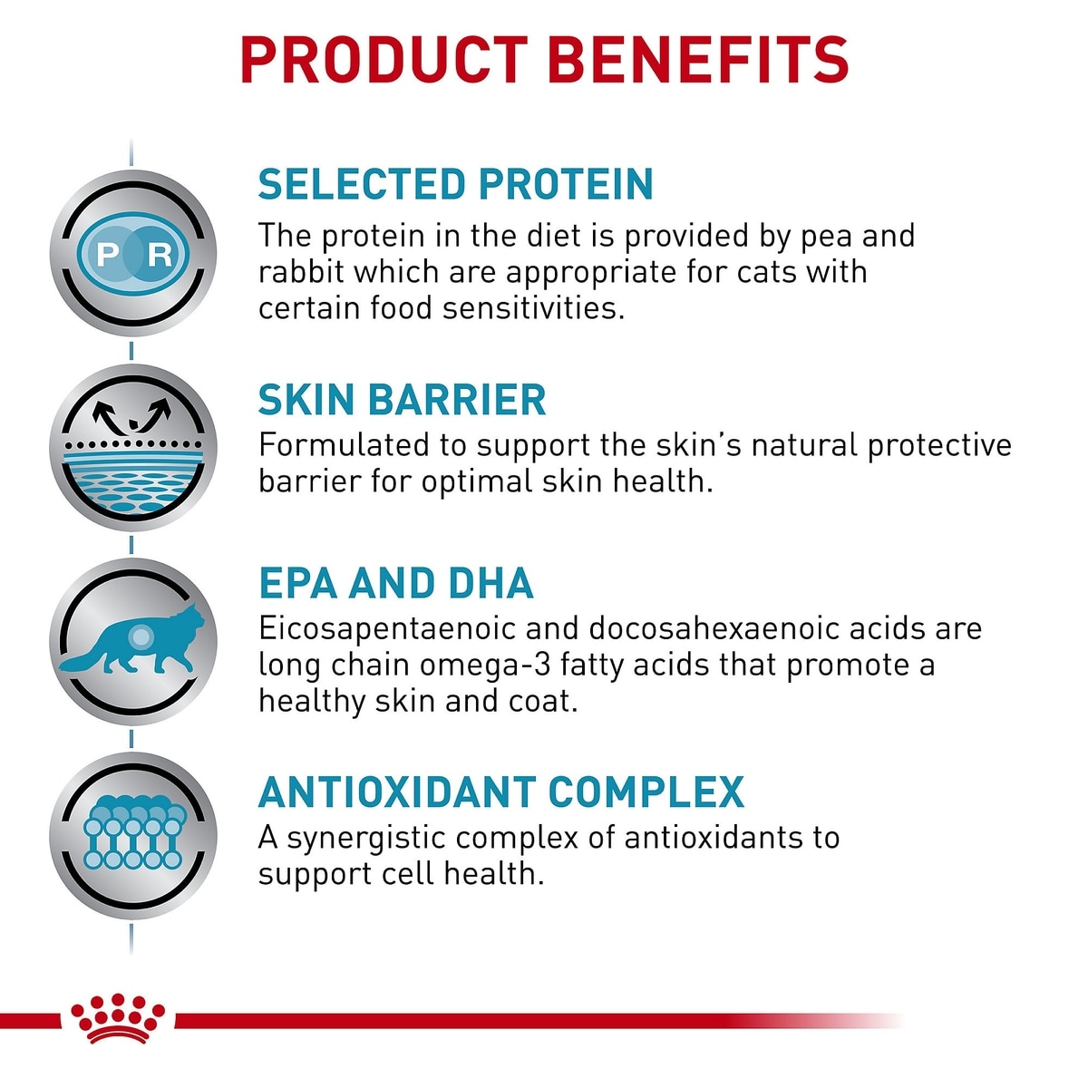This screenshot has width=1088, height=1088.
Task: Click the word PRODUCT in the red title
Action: [x=384, y=60]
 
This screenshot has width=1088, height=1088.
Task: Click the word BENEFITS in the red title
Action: [x=698, y=60]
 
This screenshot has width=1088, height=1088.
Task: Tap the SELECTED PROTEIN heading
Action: [x=456, y=184]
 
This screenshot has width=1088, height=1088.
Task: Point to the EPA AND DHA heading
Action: [x=396, y=583]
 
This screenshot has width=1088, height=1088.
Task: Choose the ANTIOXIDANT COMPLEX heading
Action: [x=501, y=792]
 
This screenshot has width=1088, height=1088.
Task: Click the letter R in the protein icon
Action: [x=160, y=254]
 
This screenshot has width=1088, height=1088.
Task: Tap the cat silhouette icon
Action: [x=131, y=641]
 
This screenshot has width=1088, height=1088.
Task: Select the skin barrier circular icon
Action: [x=133, y=447]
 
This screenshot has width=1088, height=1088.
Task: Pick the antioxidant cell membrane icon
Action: [x=133, y=833]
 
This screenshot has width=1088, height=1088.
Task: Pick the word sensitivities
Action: [x=534, y=308]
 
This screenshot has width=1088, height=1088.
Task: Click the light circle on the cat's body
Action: [x=141, y=636]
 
